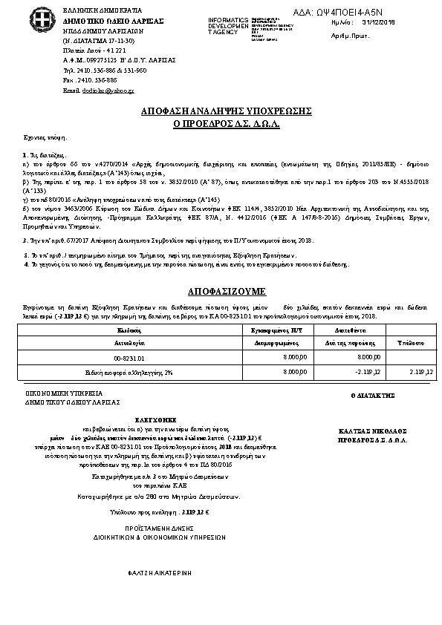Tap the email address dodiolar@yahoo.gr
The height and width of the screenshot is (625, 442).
[98, 90]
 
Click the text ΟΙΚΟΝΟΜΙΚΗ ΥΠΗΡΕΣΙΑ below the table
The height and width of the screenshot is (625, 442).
[73, 393]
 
